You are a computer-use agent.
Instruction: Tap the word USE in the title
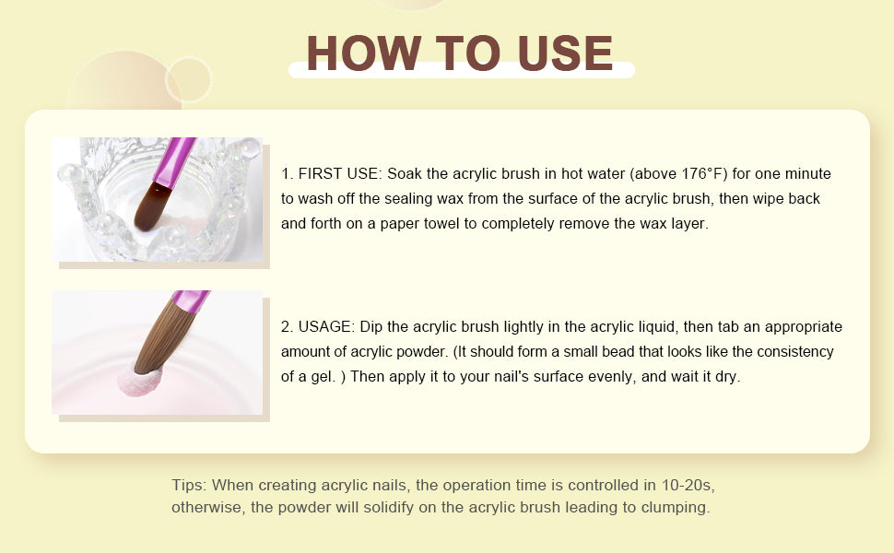point(565,53)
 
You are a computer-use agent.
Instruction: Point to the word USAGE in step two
point(326,326)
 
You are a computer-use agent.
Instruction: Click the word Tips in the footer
point(189,485)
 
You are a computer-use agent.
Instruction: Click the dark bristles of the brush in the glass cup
point(153,207)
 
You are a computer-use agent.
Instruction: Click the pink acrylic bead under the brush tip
point(140,382)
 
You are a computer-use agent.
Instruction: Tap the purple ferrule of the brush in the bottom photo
point(192,301)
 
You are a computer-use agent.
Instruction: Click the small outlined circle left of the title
point(189,79)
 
